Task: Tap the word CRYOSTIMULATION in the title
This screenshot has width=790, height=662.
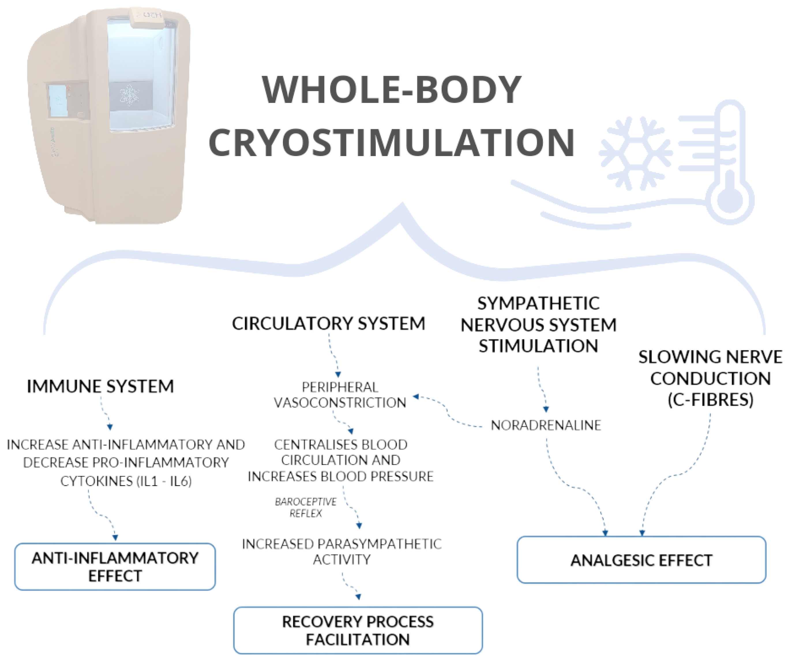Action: pos(391,143)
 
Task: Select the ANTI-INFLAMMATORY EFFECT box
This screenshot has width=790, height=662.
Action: pos(115,567)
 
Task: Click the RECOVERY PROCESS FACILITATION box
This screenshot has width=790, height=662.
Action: pos(357,630)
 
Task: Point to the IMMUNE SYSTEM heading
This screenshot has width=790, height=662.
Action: pos(100,386)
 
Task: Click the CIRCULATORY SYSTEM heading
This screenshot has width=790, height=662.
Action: pos(329,323)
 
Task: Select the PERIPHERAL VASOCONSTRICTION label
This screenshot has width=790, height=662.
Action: pos(340,395)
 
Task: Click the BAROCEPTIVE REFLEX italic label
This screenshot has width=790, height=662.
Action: pos(305,507)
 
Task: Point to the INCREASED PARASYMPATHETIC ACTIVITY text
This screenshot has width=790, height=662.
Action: pos(341,552)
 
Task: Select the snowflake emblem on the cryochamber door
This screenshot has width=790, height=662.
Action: pos(129,95)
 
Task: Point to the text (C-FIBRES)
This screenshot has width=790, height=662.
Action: pos(710,400)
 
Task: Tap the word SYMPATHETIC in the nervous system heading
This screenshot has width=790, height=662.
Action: pos(538,303)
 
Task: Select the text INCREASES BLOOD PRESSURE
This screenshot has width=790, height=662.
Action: pos(340,477)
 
